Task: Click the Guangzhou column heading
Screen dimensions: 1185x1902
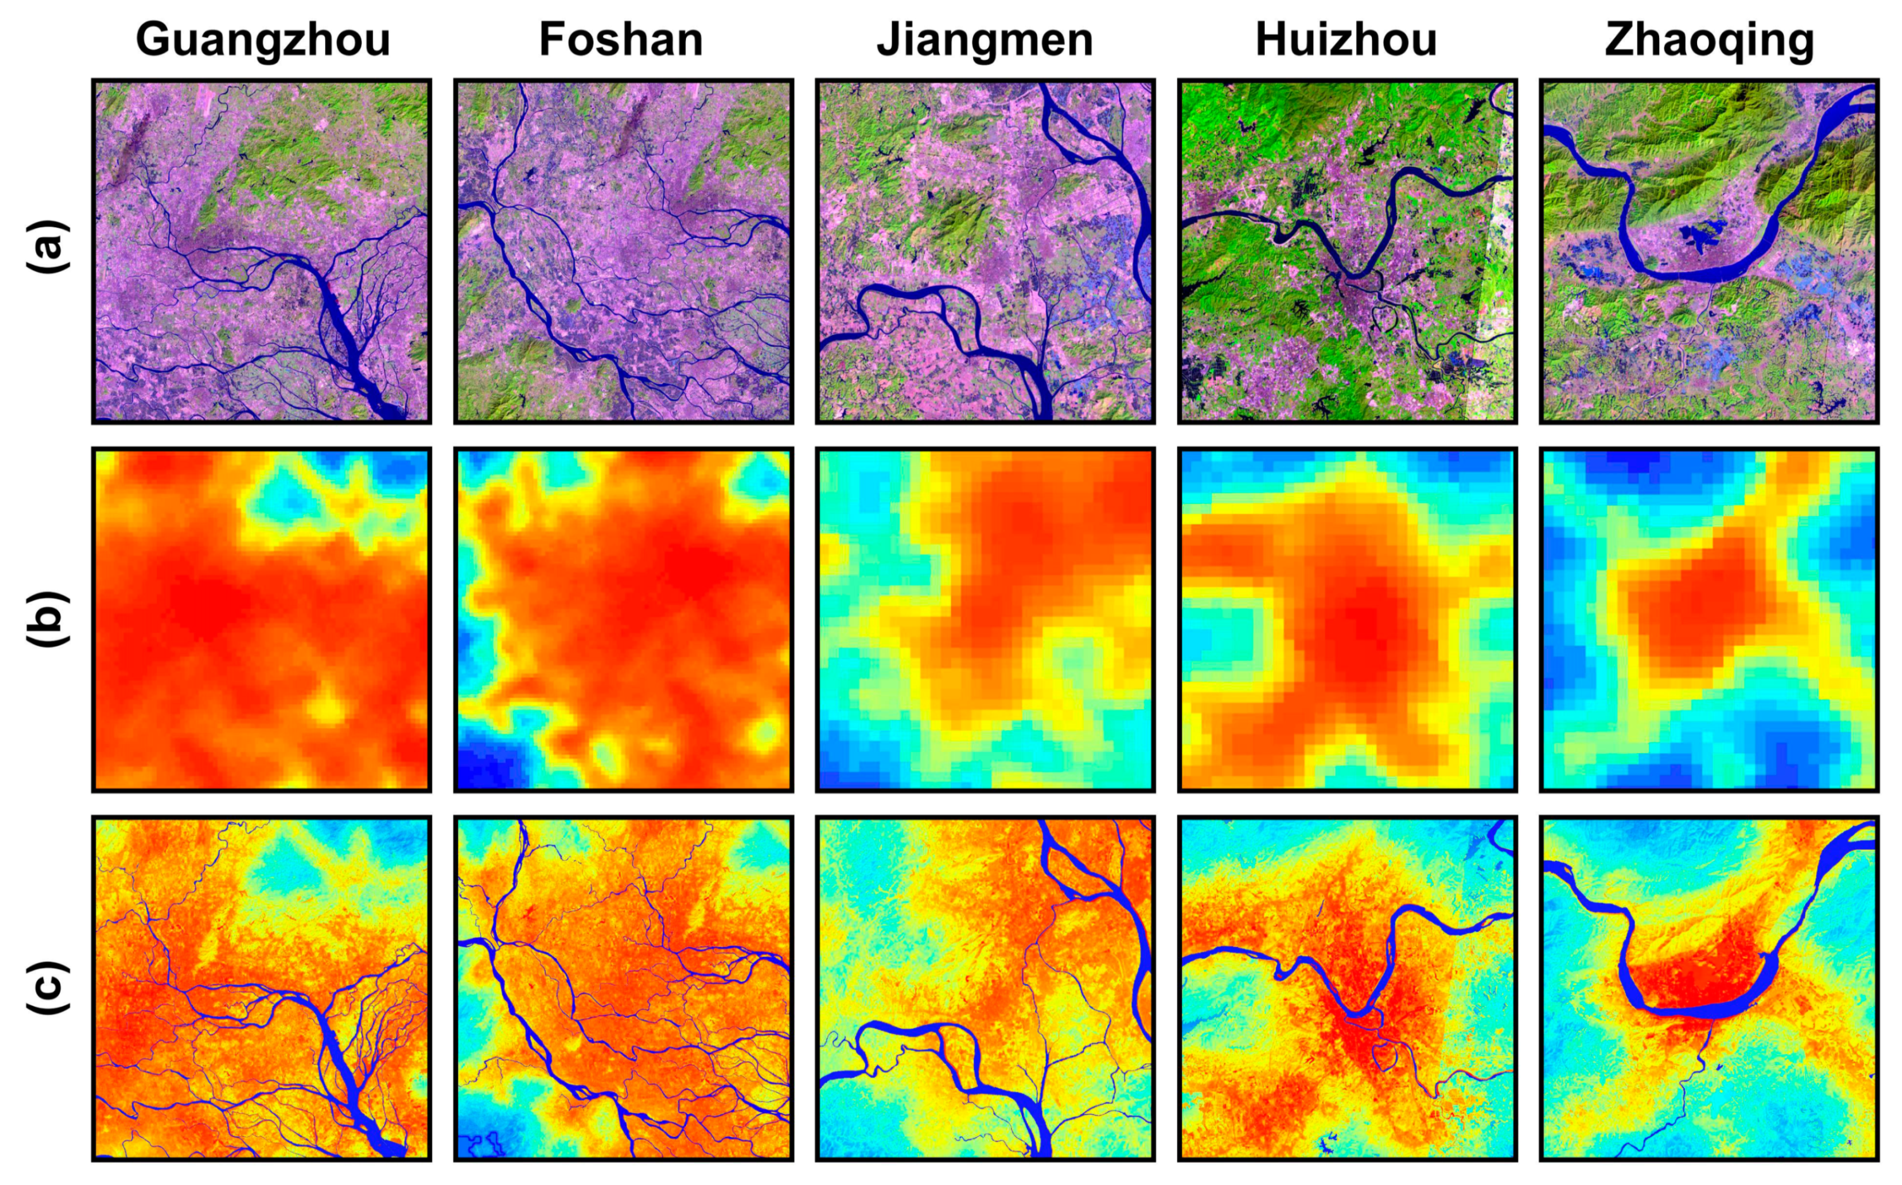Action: pyautogui.click(x=263, y=40)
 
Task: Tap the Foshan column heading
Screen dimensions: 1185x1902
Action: pyautogui.click(x=621, y=40)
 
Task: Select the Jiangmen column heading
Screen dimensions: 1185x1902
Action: pyautogui.click(x=985, y=40)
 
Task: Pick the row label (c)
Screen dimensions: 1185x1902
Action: pyautogui.click(x=49, y=988)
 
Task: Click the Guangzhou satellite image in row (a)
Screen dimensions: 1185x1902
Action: pyautogui.click(x=262, y=251)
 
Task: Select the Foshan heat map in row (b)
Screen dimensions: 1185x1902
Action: pyautogui.click(x=623, y=619)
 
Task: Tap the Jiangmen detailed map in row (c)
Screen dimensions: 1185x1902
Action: pyautogui.click(x=985, y=988)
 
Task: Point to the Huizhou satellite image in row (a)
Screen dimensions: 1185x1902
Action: pyautogui.click(x=1347, y=251)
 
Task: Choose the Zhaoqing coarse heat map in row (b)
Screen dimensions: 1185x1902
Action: pyautogui.click(x=1709, y=619)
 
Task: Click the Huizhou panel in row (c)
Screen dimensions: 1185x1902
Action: pyautogui.click(x=1347, y=988)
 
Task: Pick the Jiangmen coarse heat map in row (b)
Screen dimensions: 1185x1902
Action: pyautogui.click(x=985, y=619)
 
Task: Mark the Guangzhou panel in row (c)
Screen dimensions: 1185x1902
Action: pyautogui.click(x=262, y=988)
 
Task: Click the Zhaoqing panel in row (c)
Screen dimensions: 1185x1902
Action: pyautogui.click(x=1709, y=988)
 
